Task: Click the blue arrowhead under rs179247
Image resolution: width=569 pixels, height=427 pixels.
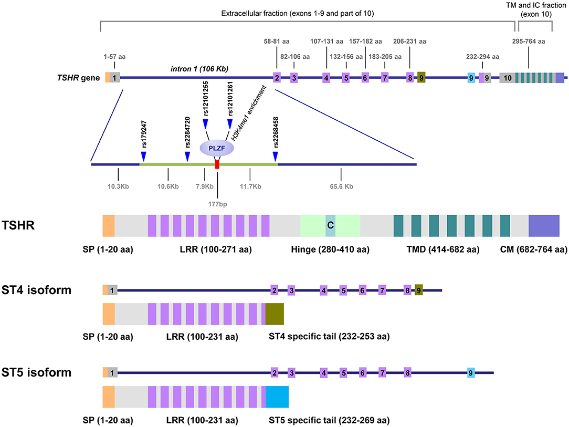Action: (143, 157)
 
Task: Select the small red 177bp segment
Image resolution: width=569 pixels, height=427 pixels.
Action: (217, 165)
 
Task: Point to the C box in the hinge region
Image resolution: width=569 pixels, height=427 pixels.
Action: (330, 225)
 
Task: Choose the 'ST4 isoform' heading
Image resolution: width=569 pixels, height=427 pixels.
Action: (36, 290)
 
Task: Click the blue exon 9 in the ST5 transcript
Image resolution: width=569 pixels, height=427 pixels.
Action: (471, 372)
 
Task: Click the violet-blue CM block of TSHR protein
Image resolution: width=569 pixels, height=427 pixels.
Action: (544, 225)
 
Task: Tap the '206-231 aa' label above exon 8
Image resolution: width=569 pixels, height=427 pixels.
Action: (409, 41)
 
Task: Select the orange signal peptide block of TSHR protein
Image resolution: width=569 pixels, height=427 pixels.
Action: (109, 225)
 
